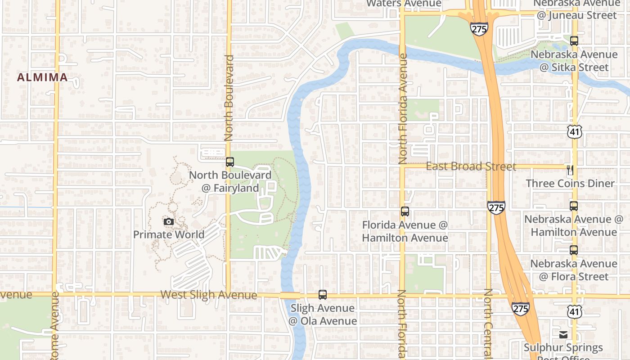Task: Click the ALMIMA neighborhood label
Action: (x=42, y=77)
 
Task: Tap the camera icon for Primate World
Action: (x=169, y=221)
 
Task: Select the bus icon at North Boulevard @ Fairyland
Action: (x=230, y=162)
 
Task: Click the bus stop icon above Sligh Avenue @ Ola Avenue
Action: (x=323, y=295)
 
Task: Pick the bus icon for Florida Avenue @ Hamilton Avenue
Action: (x=405, y=211)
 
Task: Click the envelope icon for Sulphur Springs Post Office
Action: (x=563, y=334)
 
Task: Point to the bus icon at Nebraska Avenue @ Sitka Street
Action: (x=574, y=41)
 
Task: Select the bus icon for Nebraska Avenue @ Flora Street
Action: (x=574, y=250)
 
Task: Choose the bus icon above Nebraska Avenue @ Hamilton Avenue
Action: (x=574, y=206)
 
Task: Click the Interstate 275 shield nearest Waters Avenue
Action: (x=479, y=29)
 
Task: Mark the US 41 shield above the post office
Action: (x=575, y=311)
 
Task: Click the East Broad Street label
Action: (x=471, y=166)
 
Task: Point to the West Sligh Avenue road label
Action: (x=209, y=295)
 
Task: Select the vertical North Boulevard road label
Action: (x=229, y=98)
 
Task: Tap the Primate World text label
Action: (x=169, y=234)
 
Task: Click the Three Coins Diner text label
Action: (x=570, y=184)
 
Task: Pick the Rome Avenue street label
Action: (x=54, y=326)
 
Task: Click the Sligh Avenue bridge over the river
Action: (x=290, y=296)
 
